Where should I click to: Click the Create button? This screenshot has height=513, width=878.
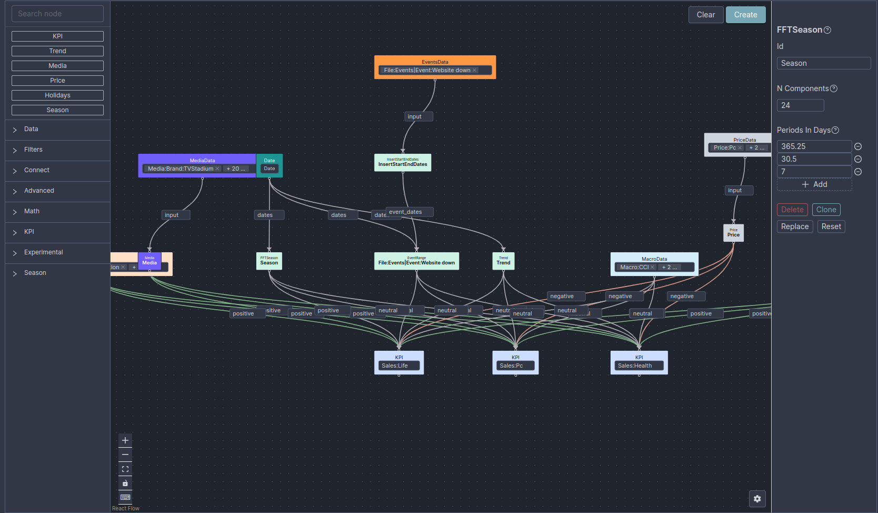745,15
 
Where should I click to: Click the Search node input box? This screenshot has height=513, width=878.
57,14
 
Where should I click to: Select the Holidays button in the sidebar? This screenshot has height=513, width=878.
57,95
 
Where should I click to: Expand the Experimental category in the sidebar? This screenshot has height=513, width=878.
43,252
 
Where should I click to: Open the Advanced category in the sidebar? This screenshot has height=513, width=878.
39,191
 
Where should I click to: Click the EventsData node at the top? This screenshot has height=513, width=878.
435,62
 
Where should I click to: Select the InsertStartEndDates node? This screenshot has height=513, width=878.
403,163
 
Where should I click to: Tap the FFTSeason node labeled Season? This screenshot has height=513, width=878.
269,261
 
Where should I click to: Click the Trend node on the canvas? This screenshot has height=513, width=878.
503,261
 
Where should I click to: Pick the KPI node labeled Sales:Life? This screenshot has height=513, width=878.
398,358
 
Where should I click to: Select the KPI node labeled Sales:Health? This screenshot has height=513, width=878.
638,358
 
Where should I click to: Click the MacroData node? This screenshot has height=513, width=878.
654,259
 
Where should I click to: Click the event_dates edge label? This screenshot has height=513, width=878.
405,212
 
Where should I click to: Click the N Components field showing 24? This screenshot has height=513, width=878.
800,105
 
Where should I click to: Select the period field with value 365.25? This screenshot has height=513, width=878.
814,146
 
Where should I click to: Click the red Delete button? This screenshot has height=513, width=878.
792,210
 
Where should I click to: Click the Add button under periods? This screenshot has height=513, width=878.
814,184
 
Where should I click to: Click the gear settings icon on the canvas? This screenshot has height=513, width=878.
757,499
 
